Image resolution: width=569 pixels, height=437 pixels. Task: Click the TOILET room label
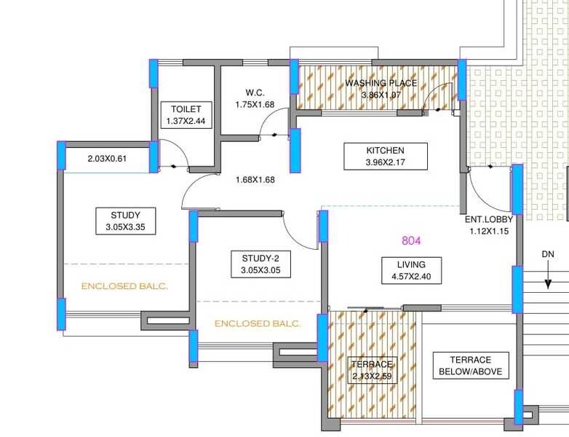tap(186, 109)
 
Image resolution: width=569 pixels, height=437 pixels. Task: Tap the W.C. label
tap(254, 92)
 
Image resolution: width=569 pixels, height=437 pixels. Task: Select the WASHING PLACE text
tap(381, 83)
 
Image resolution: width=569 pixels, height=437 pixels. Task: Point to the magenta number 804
tap(412, 240)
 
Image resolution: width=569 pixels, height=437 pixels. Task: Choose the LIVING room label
tap(411, 264)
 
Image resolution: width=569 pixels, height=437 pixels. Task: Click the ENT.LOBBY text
tap(489, 219)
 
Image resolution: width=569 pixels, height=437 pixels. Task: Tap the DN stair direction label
tap(548, 254)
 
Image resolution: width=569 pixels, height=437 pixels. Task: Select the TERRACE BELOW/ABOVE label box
tap(470, 366)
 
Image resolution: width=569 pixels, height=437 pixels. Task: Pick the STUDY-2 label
tap(260, 259)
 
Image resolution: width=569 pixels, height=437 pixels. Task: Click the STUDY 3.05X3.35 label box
tap(125, 221)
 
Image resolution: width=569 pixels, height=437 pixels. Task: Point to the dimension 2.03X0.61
tap(107, 159)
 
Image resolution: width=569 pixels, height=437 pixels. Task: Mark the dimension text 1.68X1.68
tap(254, 181)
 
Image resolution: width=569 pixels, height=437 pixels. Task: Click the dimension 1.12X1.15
tap(489, 231)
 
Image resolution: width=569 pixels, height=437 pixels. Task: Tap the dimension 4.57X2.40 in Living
tap(411, 277)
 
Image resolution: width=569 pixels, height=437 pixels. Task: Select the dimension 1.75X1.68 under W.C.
tap(254, 105)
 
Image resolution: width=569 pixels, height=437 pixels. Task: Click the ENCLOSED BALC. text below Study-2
tap(258, 323)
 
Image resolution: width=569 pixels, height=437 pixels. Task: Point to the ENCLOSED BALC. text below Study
tap(124, 286)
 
